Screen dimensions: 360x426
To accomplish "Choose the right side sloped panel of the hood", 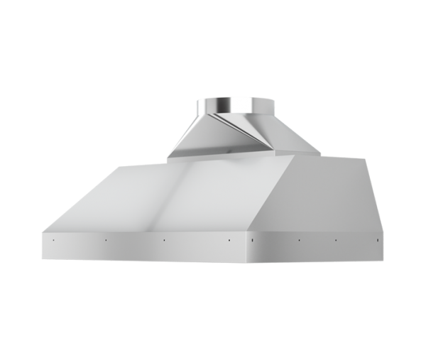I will [x=319, y=195].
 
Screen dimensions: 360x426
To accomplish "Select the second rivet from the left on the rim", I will [x=104, y=239].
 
